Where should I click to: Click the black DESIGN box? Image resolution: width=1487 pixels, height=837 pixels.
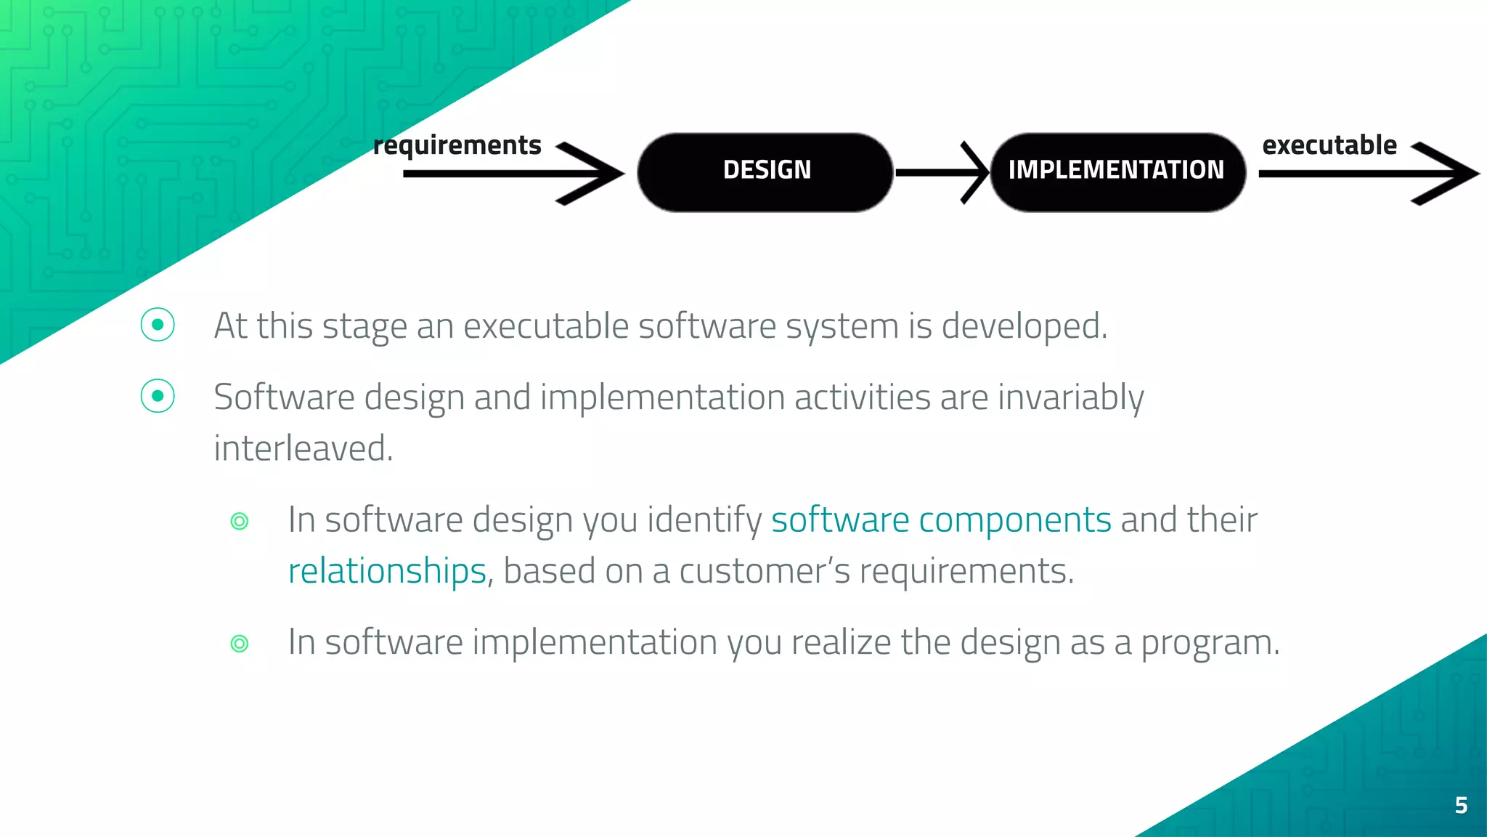[765, 172]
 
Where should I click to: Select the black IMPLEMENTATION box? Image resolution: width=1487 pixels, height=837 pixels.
[1117, 172]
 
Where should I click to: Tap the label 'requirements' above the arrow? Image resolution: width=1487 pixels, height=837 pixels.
[457, 145]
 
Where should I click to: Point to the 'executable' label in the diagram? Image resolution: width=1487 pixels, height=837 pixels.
[1329, 145]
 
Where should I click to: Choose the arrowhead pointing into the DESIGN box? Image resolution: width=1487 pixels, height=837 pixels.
[592, 173]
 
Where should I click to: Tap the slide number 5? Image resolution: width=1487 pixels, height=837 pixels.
[1461, 805]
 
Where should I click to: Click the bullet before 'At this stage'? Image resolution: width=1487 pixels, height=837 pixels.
[158, 325]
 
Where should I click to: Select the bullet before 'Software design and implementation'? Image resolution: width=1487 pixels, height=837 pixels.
[158, 396]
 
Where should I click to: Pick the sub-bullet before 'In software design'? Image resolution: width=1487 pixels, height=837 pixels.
[240, 521]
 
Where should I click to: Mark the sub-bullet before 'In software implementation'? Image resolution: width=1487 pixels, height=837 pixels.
[240, 643]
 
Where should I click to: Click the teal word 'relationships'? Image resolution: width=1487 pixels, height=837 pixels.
[387, 571]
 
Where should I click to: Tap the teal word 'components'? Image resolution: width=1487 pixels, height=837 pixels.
[1014, 520]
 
